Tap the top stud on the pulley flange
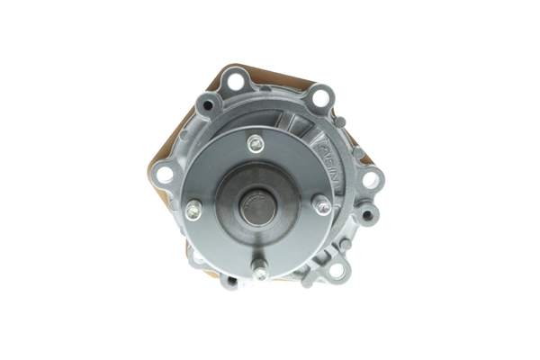256,142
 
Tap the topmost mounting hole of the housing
236,82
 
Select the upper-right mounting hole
319,97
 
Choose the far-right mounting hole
370,179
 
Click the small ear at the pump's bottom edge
229,281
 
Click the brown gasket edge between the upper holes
274,79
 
